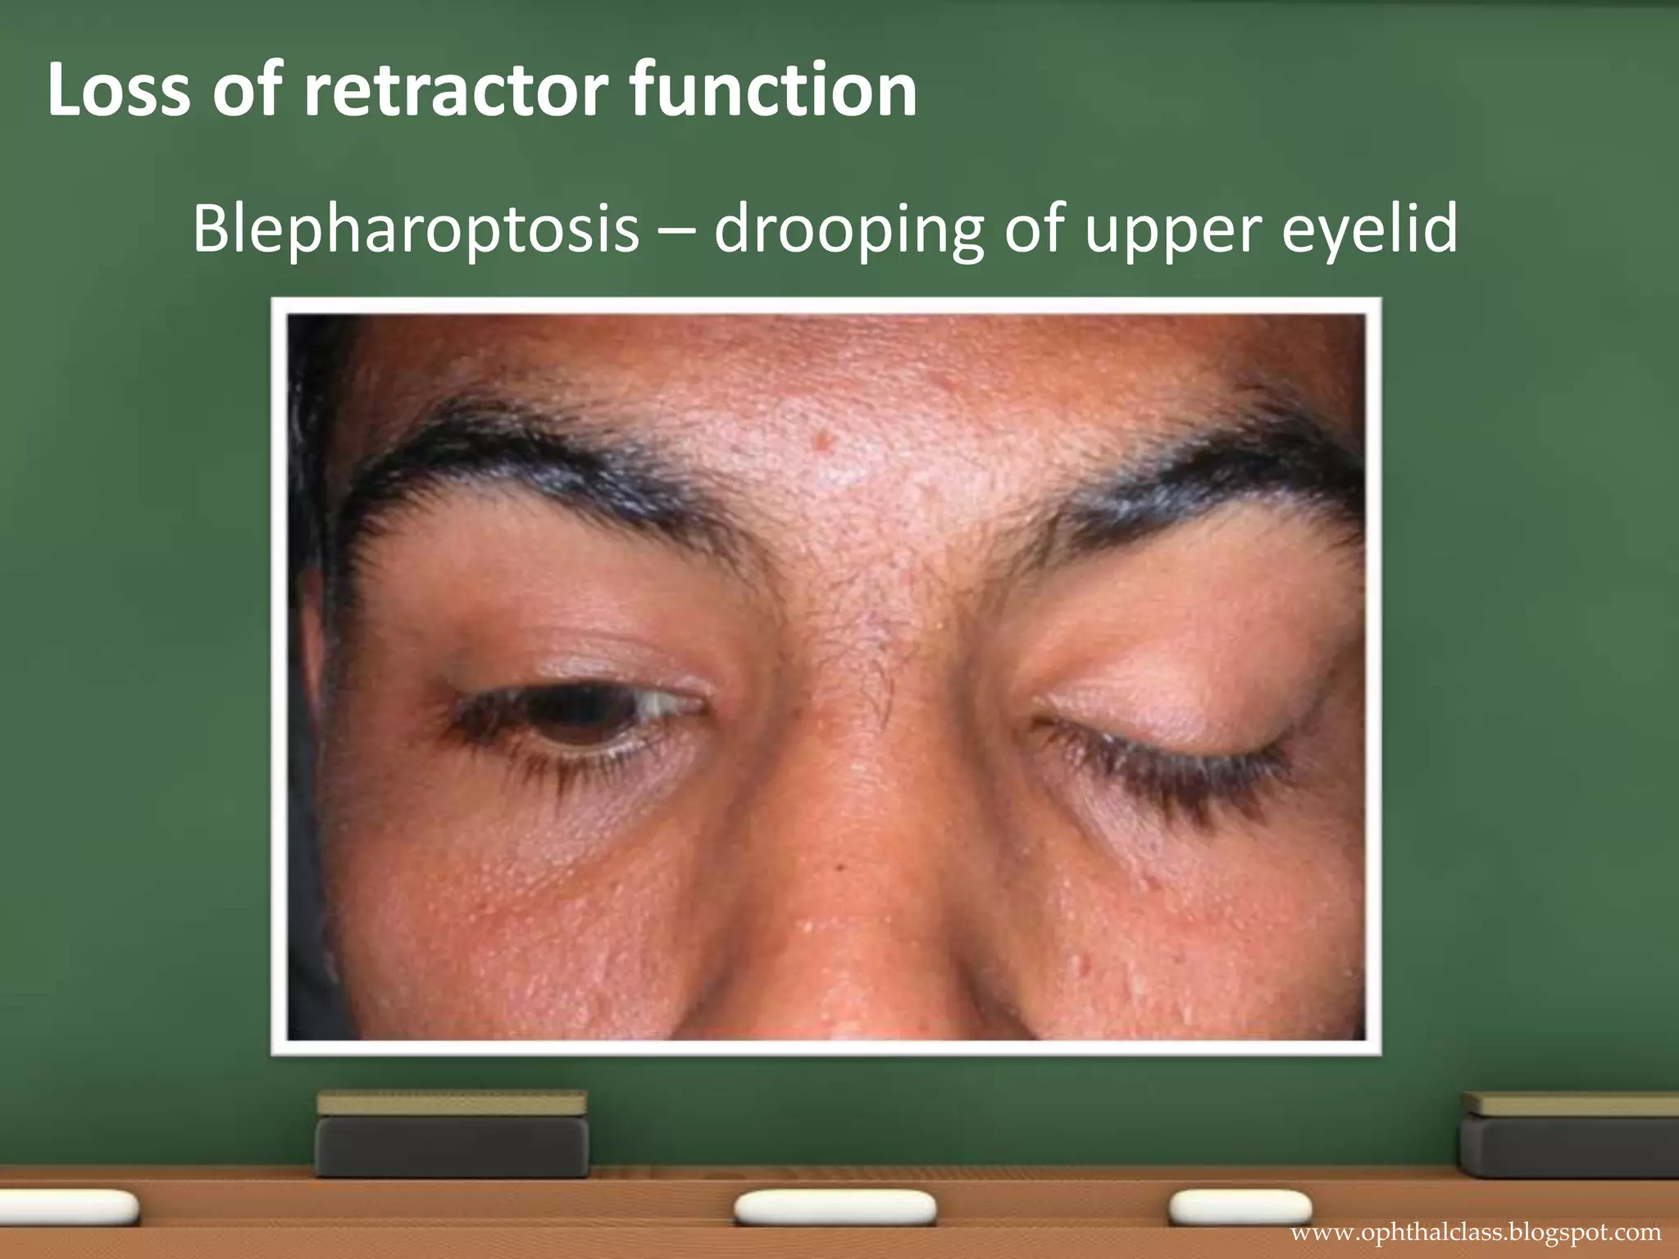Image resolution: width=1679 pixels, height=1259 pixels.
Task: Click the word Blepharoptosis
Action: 416,229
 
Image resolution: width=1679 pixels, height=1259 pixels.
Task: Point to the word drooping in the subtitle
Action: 849,230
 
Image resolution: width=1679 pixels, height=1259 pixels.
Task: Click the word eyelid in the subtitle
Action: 1369,229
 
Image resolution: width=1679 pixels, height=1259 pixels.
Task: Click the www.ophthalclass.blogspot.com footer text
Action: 1476,1233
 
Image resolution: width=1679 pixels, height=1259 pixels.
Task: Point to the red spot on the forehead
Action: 822,443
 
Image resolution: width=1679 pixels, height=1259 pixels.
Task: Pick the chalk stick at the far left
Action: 66,1207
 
